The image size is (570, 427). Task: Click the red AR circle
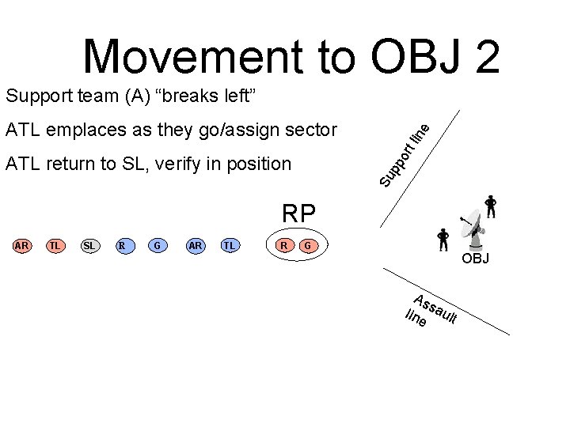(22, 246)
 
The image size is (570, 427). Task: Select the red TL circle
(55, 246)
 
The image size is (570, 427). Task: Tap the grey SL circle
(89, 246)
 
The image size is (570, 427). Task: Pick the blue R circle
(123, 246)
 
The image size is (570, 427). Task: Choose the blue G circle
(158, 246)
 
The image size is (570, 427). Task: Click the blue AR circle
(196, 246)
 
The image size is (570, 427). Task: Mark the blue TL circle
(230, 246)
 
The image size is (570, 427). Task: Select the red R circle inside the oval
(283, 246)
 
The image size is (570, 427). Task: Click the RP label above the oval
(299, 213)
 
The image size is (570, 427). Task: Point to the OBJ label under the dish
(476, 259)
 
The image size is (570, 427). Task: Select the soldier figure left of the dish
(443, 240)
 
